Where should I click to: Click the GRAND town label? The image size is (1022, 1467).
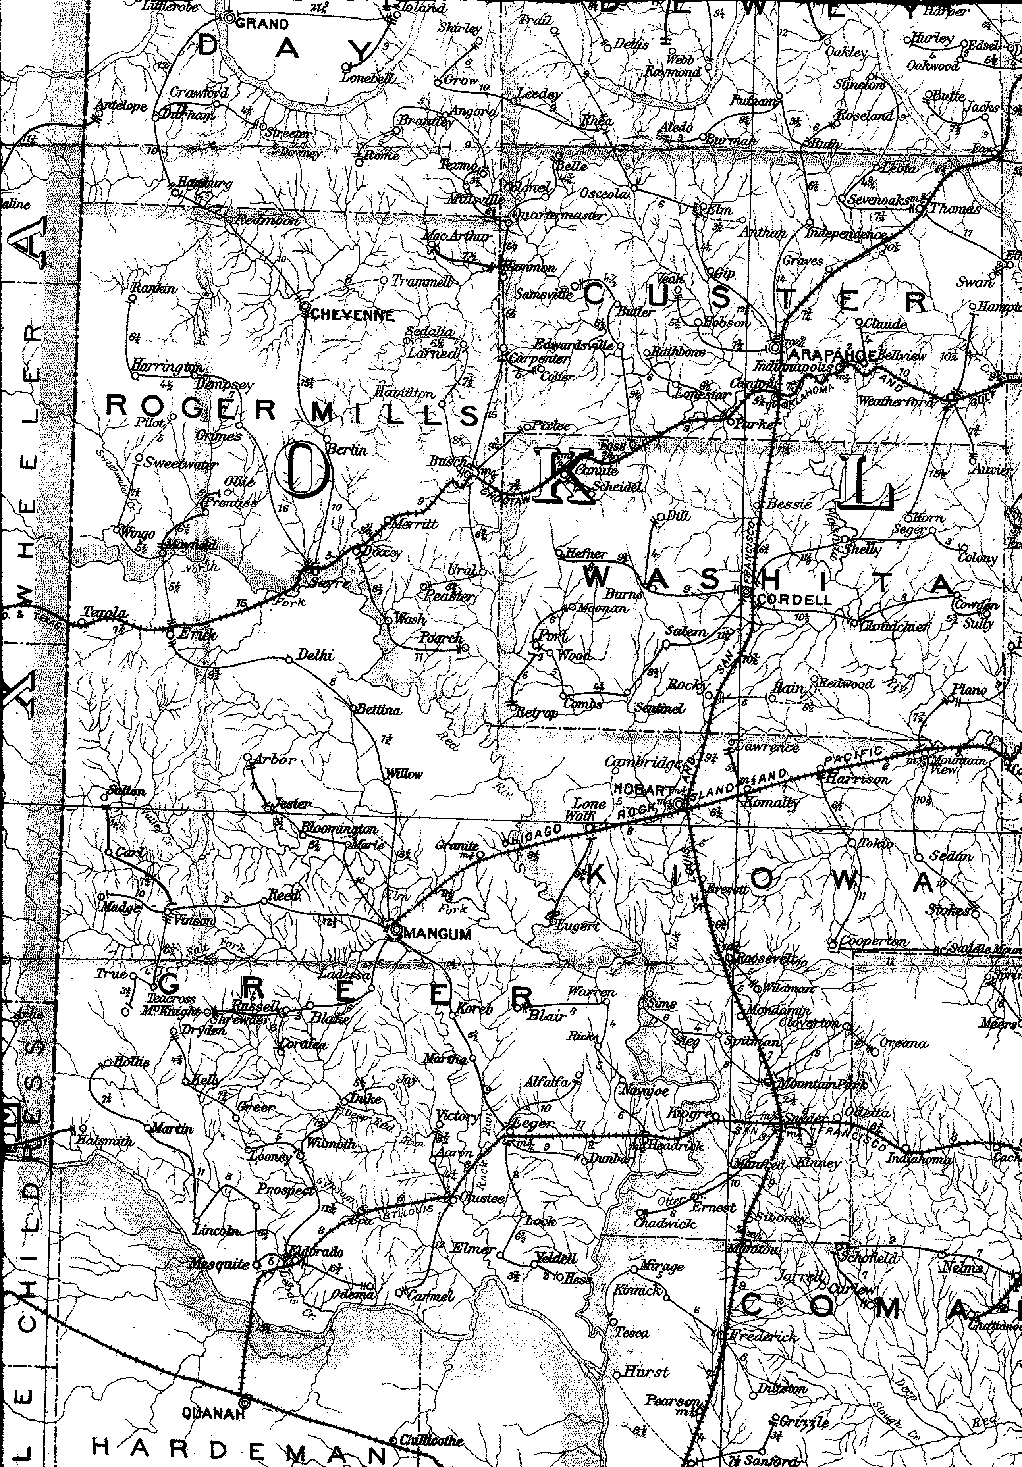263,24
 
